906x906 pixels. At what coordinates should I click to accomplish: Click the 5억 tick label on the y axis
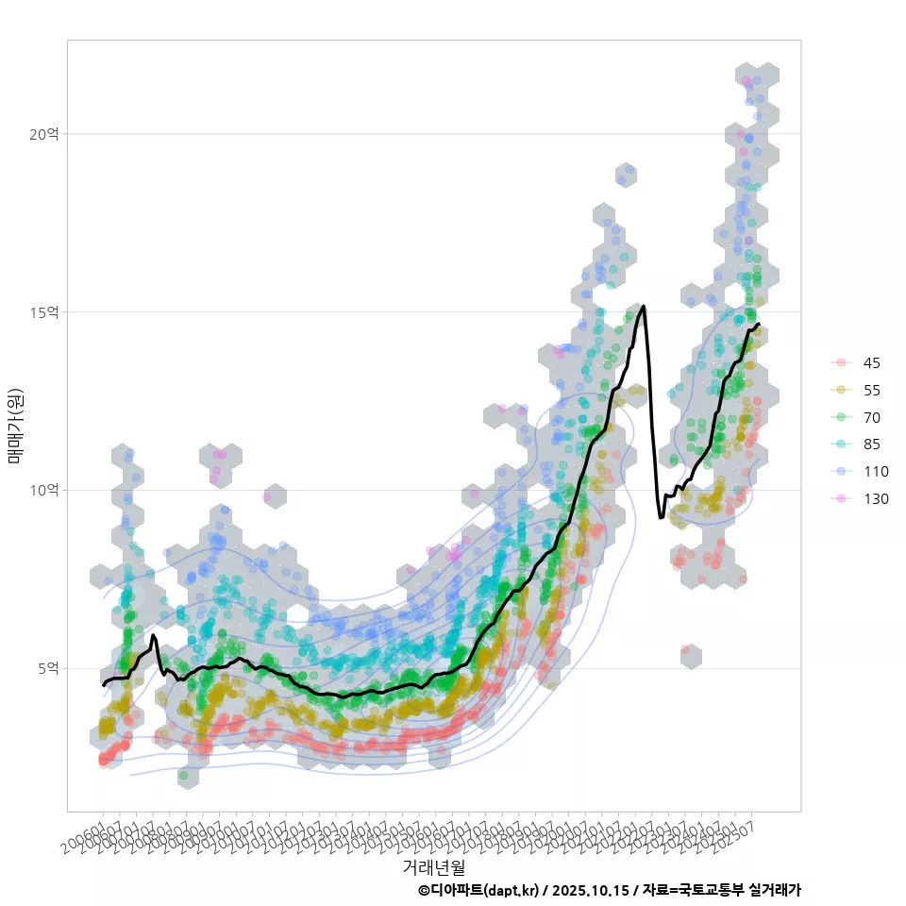pyautogui.click(x=46, y=668)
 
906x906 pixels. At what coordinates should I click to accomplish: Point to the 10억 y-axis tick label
pyautogui.click(x=43, y=490)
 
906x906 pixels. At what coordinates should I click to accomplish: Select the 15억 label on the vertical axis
pyautogui.click(x=43, y=312)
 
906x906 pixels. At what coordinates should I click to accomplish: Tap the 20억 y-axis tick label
pyautogui.click(x=43, y=134)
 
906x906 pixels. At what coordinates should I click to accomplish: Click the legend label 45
pyautogui.click(x=871, y=363)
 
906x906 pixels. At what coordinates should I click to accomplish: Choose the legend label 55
pyautogui.click(x=871, y=391)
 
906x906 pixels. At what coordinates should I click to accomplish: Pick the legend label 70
pyautogui.click(x=871, y=417)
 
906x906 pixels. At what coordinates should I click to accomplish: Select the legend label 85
pyautogui.click(x=871, y=445)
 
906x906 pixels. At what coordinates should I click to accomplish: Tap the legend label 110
pyautogui.click(x=875, y=472)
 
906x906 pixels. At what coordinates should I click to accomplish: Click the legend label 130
pyautogui.click(x=875, y=499)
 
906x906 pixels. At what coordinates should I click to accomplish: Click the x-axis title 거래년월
pyautogui.click(x=434, y=865)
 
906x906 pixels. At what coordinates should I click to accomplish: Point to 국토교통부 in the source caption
pyautogui.click(x=711, y=890)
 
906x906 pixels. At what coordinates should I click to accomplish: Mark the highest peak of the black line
pyautogui.click(x=643, y=306)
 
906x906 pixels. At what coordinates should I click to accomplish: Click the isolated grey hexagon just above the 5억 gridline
pyautogui.click(x=691, y=656)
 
